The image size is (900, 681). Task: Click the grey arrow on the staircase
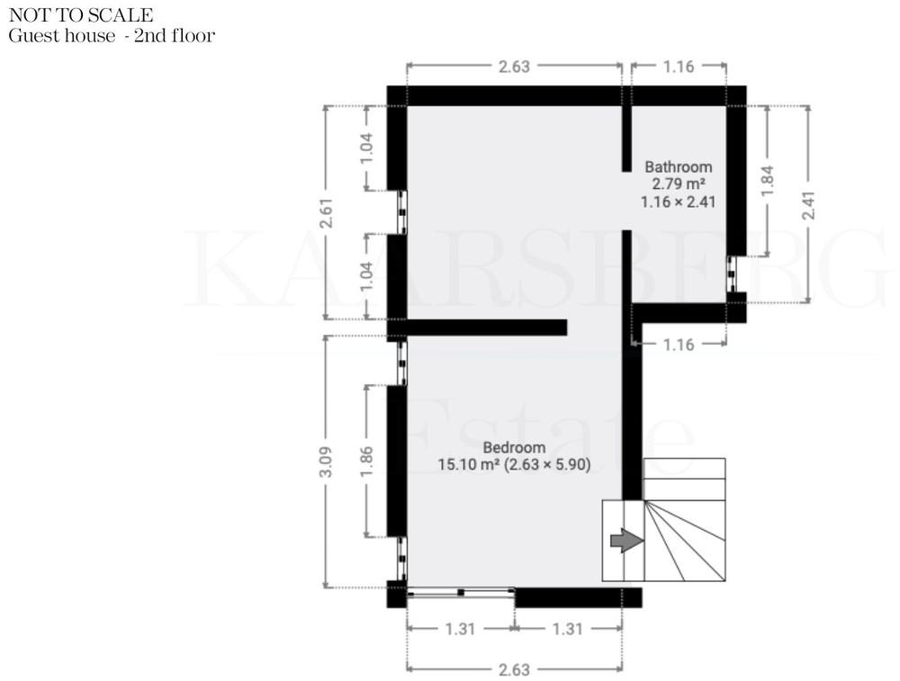coord(626,541)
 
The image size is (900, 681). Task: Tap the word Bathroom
coord(679,167)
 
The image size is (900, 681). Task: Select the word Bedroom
coord(514,447)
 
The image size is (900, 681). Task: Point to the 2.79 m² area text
coord(679,184)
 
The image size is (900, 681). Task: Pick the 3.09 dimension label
coord(326,461)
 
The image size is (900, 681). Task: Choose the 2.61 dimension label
coord(326,213)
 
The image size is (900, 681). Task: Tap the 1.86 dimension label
coord(367,461)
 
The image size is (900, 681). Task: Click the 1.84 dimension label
coord(768,181)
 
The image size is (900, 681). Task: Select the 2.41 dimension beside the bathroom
coord(808,205)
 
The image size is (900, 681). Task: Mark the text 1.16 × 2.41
coord(679,202)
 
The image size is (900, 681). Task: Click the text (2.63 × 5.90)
coord(547,464)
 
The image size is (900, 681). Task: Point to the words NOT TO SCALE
coord(81,15)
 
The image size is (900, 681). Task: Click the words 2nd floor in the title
coord(175,36)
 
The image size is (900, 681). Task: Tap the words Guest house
coord(62,36)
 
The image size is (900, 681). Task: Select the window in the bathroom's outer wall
coord(731,274)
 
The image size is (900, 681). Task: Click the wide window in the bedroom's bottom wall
coord(461,593)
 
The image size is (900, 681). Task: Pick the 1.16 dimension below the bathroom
coord(679,345)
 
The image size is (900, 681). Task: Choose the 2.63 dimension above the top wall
coord(514,67)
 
